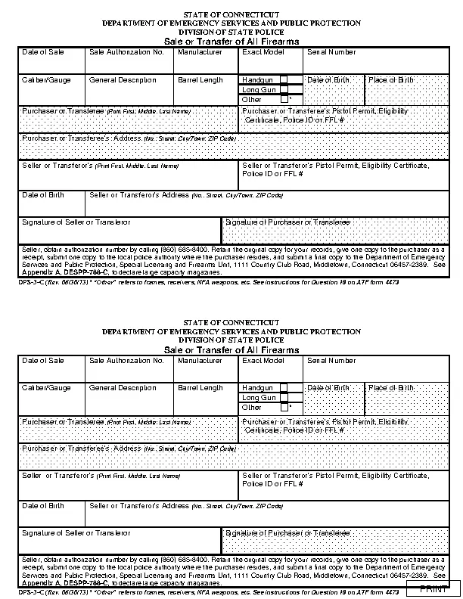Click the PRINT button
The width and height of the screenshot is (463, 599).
point(433,589)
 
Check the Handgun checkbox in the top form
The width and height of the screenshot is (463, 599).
point(284,79)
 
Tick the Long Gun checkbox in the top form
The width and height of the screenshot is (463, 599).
point(284,89)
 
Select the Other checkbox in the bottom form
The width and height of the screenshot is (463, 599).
point(284,407)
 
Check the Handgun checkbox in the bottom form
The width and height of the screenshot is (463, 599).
point(284,387)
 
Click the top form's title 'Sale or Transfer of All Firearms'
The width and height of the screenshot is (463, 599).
point(231,42)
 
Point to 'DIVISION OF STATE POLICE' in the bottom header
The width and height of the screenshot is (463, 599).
point(231,340)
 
